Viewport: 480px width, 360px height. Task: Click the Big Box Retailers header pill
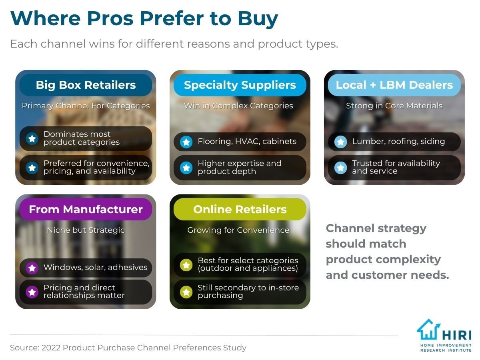(x=86, y=85)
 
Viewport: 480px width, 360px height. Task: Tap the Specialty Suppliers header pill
(x=240, y=85)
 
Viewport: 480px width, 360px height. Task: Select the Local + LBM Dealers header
(x=394, y=85)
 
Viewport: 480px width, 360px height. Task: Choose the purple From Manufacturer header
(x=86, y=209)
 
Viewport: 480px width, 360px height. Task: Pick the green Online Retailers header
(x=240, y=209)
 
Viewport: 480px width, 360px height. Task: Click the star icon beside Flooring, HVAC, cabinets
(x=186, y=142)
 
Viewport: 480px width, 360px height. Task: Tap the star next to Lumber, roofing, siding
(x=340, y=142)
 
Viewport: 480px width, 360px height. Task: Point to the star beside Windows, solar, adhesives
(x=32, y=268)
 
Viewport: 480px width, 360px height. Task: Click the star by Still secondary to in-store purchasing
(x=186, y=292)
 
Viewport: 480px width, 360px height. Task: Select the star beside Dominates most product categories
(x=32, y=138)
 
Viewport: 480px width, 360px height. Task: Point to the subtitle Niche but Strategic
(x=86, y=230)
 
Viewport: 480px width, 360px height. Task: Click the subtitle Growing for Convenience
(x=238, y=230)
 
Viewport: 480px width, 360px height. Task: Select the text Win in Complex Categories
(x=238, y=106)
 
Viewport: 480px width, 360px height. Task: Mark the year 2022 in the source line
(x=51, y=348)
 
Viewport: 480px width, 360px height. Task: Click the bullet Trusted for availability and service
(x=396, y=167)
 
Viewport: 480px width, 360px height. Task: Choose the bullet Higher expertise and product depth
(x=240, y=167)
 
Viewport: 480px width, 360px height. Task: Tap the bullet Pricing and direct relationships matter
(x=84, y=292)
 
